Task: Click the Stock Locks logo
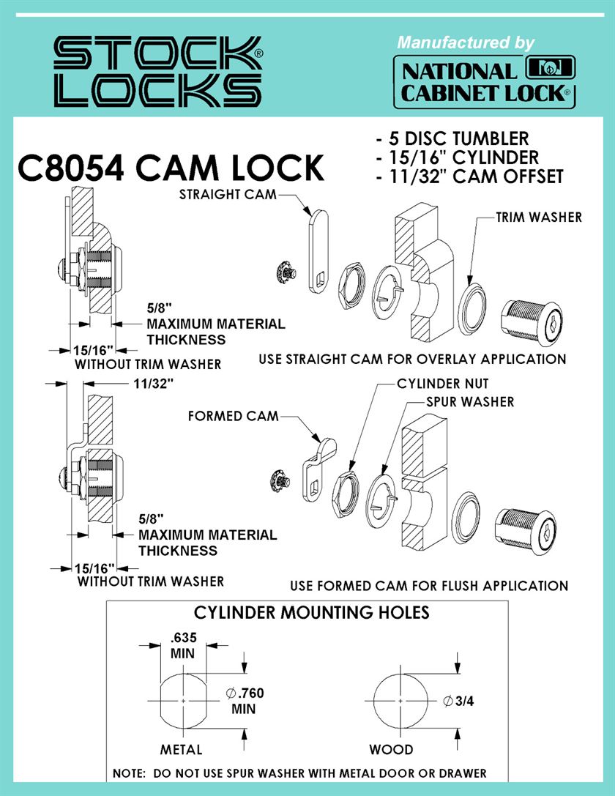[158, 72]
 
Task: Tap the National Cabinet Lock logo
[485, 82]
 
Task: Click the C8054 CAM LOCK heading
[171, 168]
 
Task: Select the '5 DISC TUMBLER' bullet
[452, 138]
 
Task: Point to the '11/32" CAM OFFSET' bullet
[470, 176]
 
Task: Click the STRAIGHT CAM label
[228, 194]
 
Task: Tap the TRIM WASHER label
[539, 217]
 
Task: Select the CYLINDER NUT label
[442, 384]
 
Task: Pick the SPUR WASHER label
[470, 402]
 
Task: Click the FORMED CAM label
[234, 416]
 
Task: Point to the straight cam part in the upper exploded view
[318, 252]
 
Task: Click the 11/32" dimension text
[154, 384]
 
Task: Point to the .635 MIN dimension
[183, 644]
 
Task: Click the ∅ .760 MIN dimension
[245, 700]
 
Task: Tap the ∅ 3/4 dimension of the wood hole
[458, 701]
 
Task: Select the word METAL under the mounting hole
[181, 749]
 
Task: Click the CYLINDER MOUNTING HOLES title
[312, 612]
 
